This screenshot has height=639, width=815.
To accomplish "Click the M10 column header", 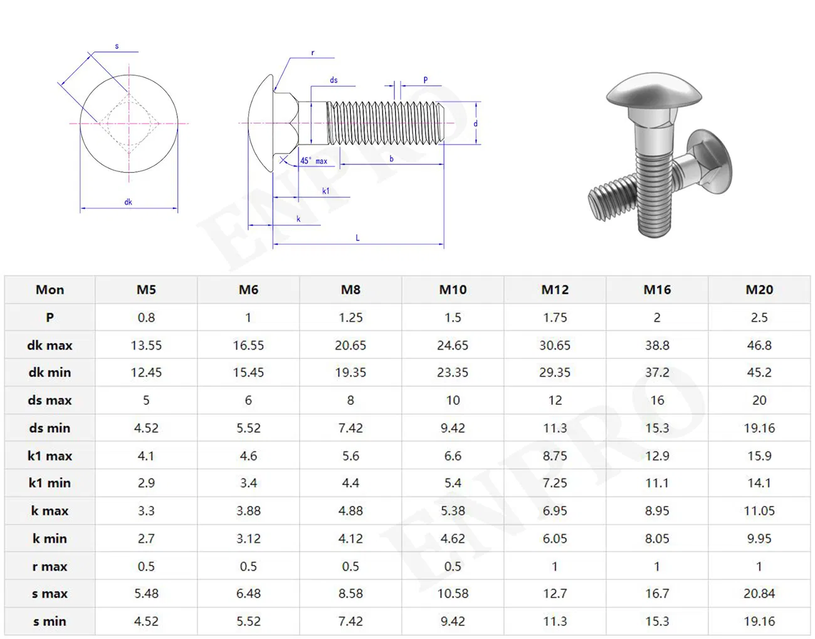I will pyautogui.click(x=452, y=289).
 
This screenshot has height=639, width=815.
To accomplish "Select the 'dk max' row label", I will pyautogui.click(x=50, y=345).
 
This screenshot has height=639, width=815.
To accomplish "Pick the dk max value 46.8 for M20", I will pyautogui.click(x=759, y=345).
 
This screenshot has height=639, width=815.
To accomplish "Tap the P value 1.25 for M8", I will pyautogui.click(x=350, y=318).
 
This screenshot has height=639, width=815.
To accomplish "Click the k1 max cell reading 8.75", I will pyautogui.click(x=555, y=456).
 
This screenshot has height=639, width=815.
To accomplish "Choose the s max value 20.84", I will pyautogui.click(x=759, y=593).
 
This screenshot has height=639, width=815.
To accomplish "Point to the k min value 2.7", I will pyautogui.click(x=146, y=539).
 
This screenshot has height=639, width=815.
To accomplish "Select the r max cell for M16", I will pyautogui.click(x=656, y=566).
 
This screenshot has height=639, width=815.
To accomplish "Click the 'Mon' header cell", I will pyautogui.click(x=50, y=289).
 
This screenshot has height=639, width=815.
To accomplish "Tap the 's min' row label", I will pyautogui.click(x=50, y=621).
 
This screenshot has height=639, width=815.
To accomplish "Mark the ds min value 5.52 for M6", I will pyautogui.click(x=248, y=428).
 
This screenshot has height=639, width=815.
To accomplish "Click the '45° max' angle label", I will pyautogui.click(x=313, y=161).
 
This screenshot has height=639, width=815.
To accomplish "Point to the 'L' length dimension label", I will pyautogui.click(x=357, y=238).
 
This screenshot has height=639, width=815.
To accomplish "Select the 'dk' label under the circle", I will pyautogui.click(x=128, y=202).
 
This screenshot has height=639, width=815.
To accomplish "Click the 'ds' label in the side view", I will pyautogui.click(x=334, y=80).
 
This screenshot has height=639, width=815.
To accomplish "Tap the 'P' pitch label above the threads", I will pyautogui.click(x=425, y=80).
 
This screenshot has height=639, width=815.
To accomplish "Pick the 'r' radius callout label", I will pyautogui.click(x=313, y=53).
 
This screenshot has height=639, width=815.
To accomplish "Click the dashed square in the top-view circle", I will pyautogui.click(x=129, y=123).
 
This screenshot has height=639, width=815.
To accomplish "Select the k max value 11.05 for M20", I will pyautogui.click(x=759, y=511).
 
